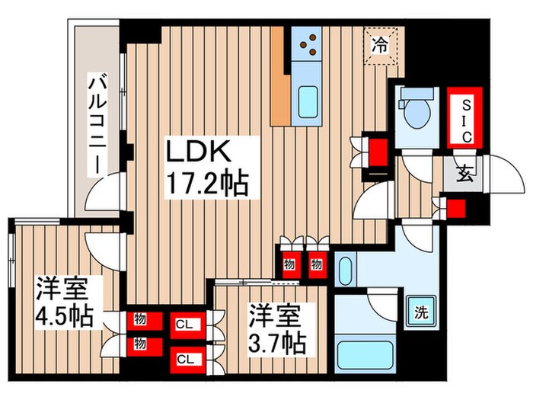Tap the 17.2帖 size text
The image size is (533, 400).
[x=208, y=183]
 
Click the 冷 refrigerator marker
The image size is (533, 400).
[x=378, y=44]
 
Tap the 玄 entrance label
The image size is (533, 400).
[x=463, y=172]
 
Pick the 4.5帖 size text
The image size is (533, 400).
[x=65, y=316]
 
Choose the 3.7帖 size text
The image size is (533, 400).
[x=278, y=341]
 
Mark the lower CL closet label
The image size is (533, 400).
[x=185, y=357]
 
